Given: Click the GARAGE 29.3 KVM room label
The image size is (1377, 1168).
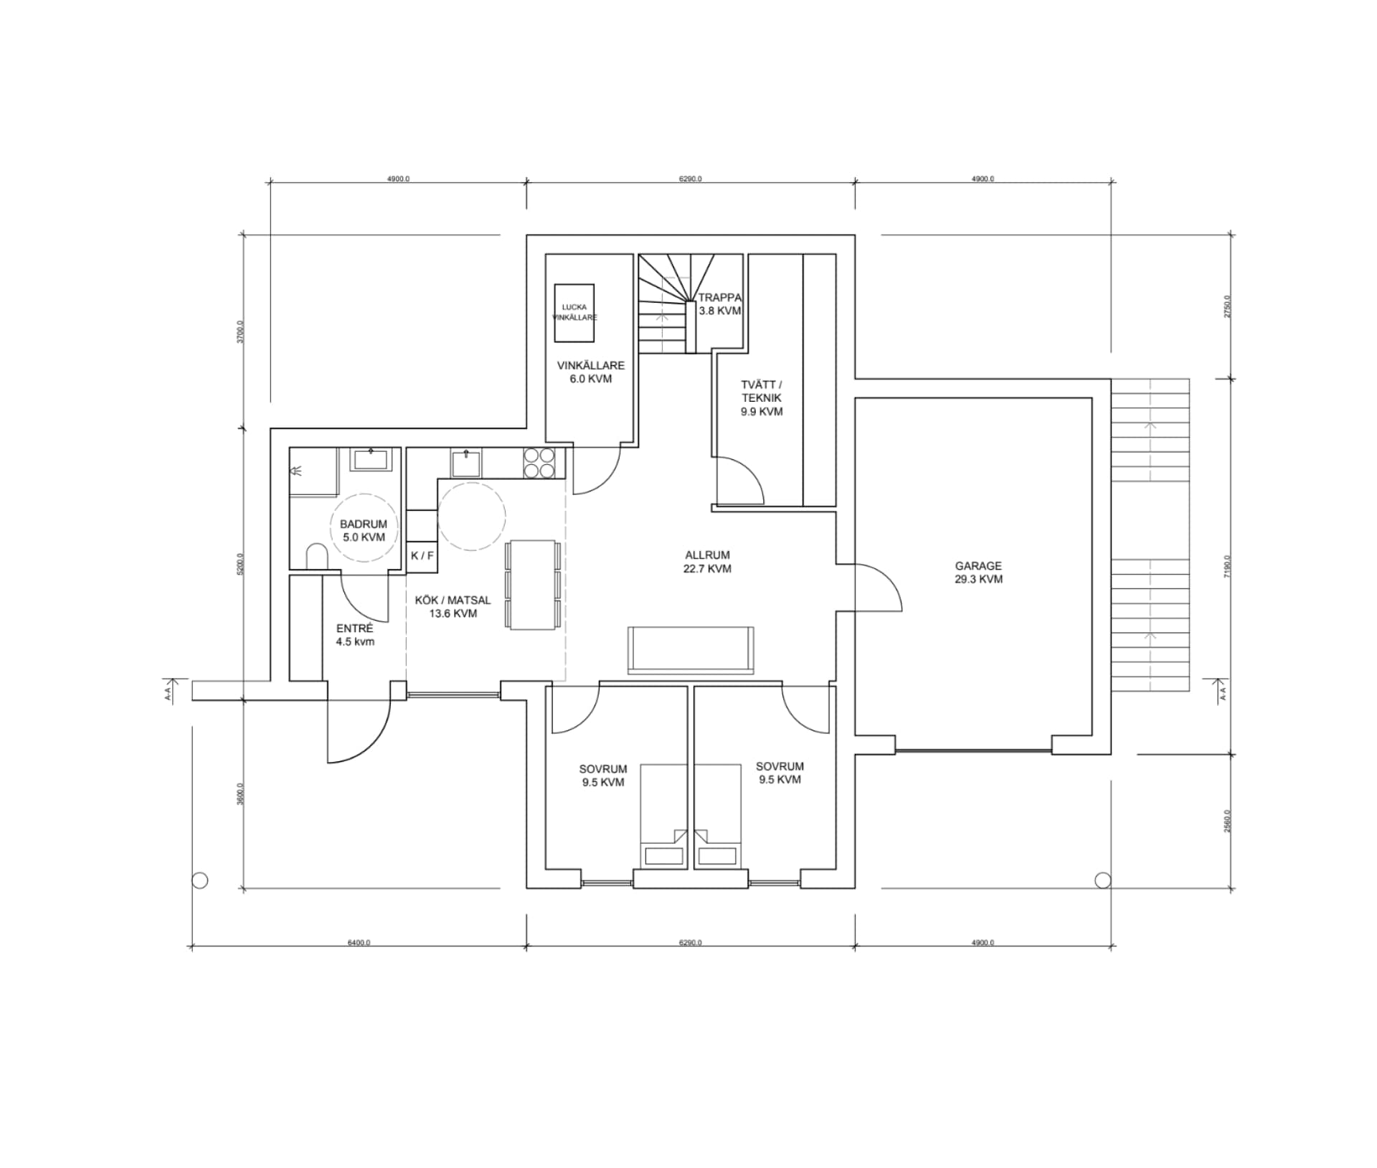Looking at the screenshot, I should tap(978, 573).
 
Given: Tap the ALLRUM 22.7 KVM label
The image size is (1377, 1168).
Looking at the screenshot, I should tap(707, 562).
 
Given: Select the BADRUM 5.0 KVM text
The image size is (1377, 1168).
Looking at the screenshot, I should tap(363, 530).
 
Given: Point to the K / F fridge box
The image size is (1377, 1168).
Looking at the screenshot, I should tap(422, 555).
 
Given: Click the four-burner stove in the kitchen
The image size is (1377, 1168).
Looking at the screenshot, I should tap(539, 463).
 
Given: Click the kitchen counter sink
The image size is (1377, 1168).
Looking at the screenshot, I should tap(466, 463).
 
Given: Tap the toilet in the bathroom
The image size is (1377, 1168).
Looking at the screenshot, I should tap(316, 557).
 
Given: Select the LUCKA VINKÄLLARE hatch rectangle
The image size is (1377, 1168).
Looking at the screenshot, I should tap(575, 313).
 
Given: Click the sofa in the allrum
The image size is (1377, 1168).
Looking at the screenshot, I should tap(690, 650).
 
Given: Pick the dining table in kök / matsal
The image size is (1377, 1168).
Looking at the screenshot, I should tap(531, 585).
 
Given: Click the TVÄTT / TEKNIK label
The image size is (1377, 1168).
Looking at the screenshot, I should tap(761, 397).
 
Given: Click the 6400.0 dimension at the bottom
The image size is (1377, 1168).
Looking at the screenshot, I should tap(359, 943).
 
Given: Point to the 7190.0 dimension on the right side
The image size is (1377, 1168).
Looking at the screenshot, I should tap(1227, 567).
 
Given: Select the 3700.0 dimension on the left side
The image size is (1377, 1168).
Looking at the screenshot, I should tap(241, 331).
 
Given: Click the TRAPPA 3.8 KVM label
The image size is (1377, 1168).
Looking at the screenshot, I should tap(719, 304).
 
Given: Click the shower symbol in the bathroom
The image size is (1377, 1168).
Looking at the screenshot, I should tap(296, 471).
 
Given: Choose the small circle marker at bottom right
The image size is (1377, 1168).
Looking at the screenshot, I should tap(1102, 880).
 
